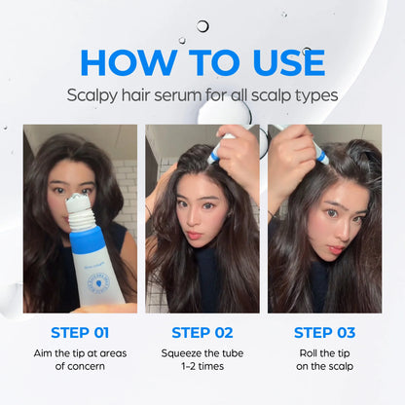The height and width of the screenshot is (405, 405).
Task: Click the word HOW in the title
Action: tap(126, 61)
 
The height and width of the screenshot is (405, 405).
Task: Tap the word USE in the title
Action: tap(280, 61)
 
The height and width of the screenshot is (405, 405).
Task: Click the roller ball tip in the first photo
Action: tap(79, 203)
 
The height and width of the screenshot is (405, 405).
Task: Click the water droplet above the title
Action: tap(202, 26)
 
